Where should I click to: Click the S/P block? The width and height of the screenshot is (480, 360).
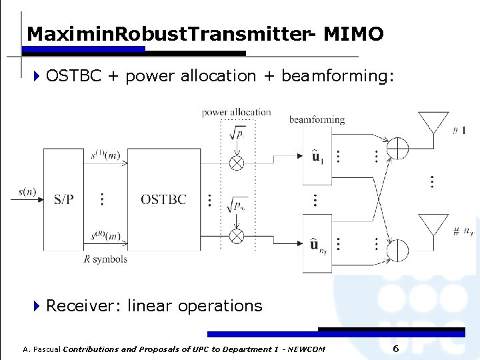tap(64, 199)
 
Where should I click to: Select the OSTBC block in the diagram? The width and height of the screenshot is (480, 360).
tap(163, 199)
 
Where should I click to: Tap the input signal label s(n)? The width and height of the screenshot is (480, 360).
tap(27, 192)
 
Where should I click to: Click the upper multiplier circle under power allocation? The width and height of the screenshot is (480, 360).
tap(237, 163)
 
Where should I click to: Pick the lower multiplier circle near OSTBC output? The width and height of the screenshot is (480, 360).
tap(237, 235)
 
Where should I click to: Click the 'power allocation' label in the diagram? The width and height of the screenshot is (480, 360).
tap(236, 112)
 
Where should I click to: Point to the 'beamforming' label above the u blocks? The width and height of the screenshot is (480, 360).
tap(317, 120)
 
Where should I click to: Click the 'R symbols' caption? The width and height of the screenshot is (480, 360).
tap(105, 259)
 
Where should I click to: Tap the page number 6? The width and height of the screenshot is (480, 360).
tap(395, 349)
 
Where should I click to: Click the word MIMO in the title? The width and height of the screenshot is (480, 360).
tap(353, 34)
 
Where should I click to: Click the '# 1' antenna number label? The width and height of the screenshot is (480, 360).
tap(459, 130)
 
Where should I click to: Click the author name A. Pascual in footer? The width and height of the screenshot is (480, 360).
tap(41, 349)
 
